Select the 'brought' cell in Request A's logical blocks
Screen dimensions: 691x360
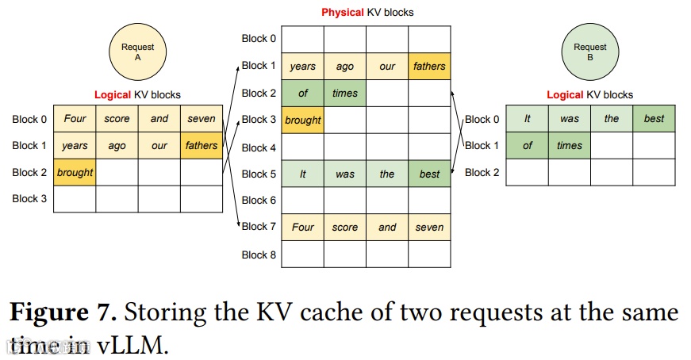[75, 172]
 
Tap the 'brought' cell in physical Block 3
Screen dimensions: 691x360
[303, 120]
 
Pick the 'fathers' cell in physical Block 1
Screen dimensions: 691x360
[429, 66]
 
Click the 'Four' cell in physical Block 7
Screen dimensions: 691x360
[303, 228]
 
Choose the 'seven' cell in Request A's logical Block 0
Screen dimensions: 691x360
[202, 118]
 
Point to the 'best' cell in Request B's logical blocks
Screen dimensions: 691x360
[654, 118]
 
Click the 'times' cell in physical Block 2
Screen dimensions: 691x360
[345, 93]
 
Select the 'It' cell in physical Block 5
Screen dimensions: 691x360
[303, 174]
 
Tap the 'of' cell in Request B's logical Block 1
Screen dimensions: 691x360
[527, 145]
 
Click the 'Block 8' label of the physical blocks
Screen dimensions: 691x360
[259, 255]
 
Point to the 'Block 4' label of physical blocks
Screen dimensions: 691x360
[259, 147]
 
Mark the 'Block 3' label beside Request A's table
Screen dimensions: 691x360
[29, 199]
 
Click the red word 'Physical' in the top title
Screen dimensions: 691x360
[343, 13]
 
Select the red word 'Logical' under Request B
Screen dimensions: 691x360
[565, 94]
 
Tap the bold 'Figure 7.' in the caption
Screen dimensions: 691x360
[63, 312]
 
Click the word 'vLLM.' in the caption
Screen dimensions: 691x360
[132, 345]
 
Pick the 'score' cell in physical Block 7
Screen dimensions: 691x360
[345, 228]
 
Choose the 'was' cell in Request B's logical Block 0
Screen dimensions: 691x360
[570, 118]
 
